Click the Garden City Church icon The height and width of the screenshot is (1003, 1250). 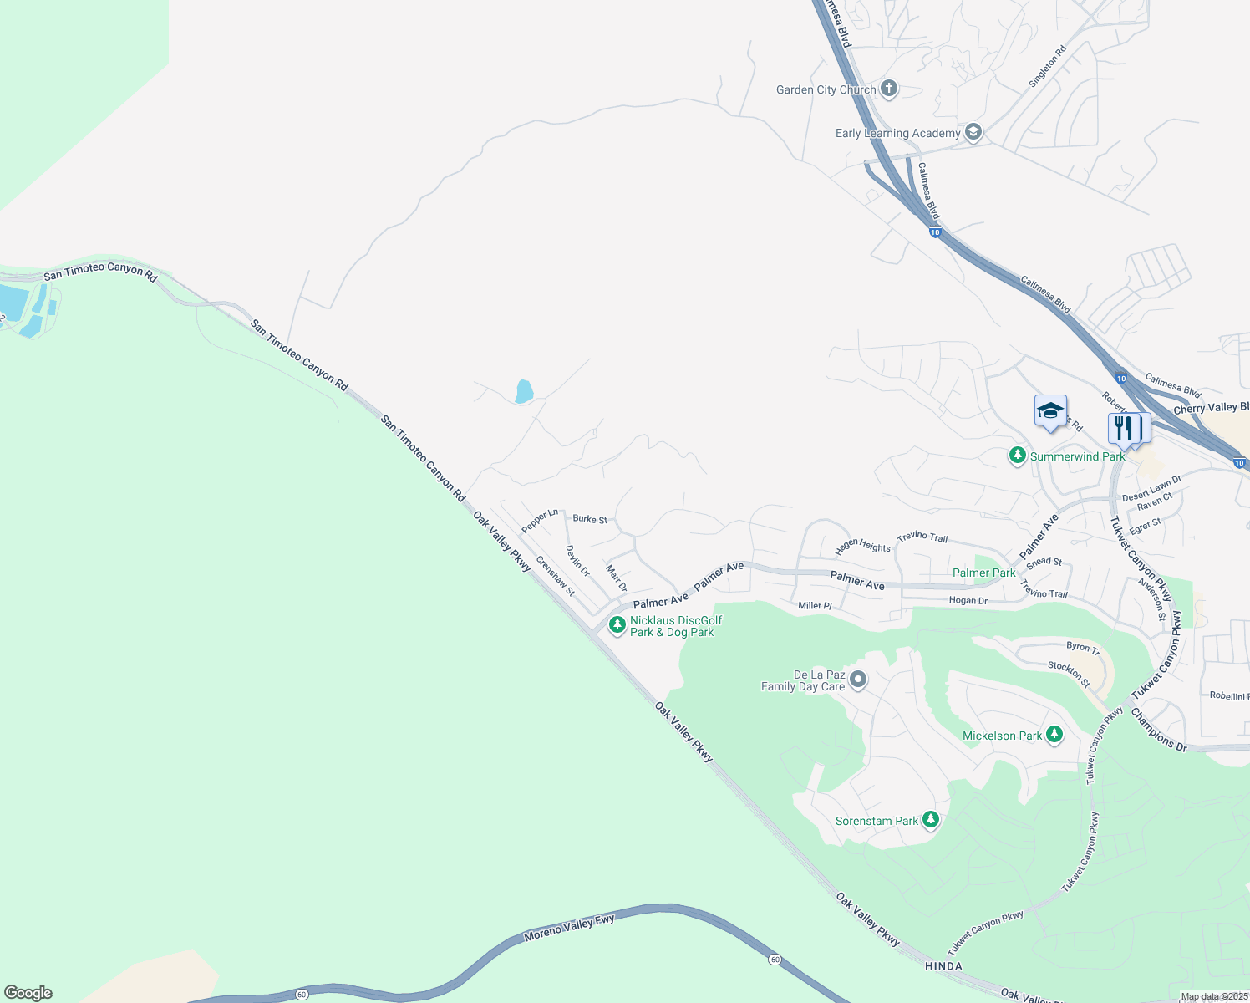point(889,89)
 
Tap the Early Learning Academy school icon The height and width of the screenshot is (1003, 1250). point(973,132)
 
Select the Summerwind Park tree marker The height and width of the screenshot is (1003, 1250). point(1017,456)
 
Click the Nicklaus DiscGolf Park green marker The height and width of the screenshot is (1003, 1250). point(617,624)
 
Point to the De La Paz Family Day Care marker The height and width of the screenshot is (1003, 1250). point(858,680)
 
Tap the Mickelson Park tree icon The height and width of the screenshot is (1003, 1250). point(1054,735)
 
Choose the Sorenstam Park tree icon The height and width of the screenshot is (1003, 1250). point(931,820)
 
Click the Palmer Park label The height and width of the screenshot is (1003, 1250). point(984,573)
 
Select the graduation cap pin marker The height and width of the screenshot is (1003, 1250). point(1050,411)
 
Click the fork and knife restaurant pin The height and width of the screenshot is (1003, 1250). point(1124,428)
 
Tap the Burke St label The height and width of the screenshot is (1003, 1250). point(590,519)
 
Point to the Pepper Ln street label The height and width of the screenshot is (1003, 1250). point(540,520)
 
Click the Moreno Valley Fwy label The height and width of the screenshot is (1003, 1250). point(569,928)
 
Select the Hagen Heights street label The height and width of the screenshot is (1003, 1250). point(863,547)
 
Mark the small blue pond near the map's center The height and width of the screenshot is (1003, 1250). point(524,391)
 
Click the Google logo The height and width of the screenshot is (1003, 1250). point(28,993)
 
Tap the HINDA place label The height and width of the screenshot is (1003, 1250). point(943,966)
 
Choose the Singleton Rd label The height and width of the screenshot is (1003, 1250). point(1048,66)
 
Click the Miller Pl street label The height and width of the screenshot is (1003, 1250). point(815,605)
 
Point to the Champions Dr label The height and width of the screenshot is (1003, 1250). point(1158,729)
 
